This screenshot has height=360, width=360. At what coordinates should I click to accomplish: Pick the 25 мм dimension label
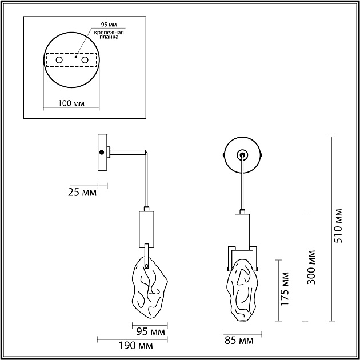[x=82, y=192]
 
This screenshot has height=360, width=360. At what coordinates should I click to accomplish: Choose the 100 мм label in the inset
[x=71, y=103]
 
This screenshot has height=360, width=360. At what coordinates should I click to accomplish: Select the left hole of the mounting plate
[x=59, y=59]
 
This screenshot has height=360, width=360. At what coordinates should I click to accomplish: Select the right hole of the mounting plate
[x=85, y=59]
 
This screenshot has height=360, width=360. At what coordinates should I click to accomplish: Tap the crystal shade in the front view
[x=242, y=289]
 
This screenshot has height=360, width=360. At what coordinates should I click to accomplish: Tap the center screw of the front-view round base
[x=242, y=154]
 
